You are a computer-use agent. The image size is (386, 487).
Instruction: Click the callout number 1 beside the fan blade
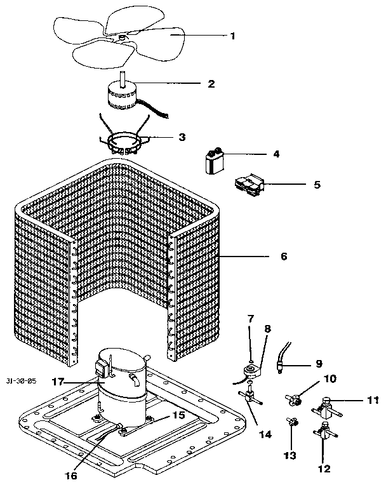coord(232,36)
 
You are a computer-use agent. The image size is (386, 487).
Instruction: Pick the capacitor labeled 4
coord(215,160)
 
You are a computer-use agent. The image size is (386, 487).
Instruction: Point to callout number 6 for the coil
coord(283,257)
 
